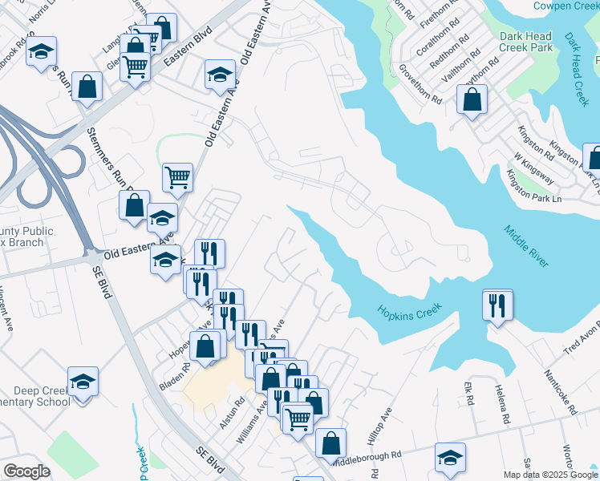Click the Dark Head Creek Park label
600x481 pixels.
click(x=525, y=42)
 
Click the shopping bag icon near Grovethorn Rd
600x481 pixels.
click(x=472, y=100)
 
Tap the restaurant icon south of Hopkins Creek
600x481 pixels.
click(x=497, y=305)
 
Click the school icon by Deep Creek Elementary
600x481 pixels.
click(x=83, y=382)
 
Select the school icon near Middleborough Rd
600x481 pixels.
click(x=450, y=458)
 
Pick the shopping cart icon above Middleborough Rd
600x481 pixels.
click(x=298, y=418)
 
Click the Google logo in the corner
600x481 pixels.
click(x=26, y=471)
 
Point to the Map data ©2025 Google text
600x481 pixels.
click(x=550, y=475)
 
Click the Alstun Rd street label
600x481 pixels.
click(x=237, y=413)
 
